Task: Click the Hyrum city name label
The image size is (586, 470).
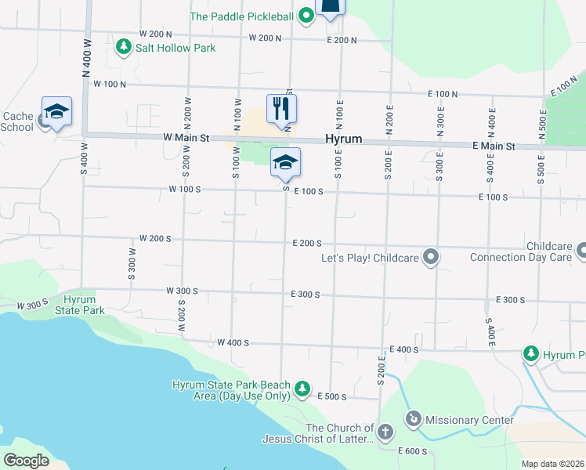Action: pyautogui.click(x=344, y=139)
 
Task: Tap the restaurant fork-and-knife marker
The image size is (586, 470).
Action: pyautogui.click(x=282, y=108)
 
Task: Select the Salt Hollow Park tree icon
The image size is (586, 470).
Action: pyautogui.click(x=123, y=48)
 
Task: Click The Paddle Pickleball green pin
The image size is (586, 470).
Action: pyautogui.click(x=306, y=15)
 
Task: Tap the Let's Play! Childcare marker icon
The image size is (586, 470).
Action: pyautogui.click(x=430, y=257)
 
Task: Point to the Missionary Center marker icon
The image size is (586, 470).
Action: pyautogui.click(x=413, y=420)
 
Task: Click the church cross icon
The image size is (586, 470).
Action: pyautogui.click(x=385, y=432)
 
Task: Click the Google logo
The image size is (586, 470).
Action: pyautogui.click(x=26, y=461)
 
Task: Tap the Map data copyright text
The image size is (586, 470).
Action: pyautogui.click(x=552, y=464)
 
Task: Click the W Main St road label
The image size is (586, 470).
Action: pyautogui.click(x=186, y=138)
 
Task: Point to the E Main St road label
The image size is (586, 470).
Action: pyautogui.click(x=494, y=146)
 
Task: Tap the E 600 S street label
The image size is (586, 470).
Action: pyautogui.click(x=414, y=451)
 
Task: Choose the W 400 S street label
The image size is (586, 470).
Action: pyautogui.click(x=233, y=342)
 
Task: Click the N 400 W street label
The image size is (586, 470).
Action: pyautogui.click(x=84, y=56)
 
